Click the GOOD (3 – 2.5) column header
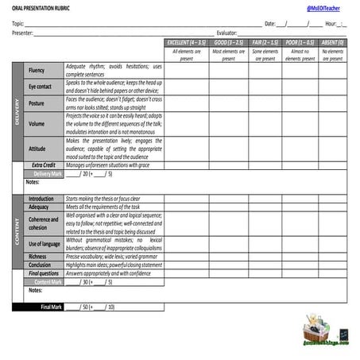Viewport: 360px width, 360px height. coord(229,41)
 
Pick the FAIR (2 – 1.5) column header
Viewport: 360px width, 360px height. coord(265,41)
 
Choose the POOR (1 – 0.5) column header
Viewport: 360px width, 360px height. coord(300,41)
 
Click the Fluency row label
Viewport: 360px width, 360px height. coord(37,71)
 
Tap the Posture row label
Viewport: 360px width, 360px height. coord(37,103)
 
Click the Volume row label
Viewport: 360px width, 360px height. coord(37,124)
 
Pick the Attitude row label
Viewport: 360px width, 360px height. coord(37,149)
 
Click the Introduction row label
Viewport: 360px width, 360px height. coord(41,199)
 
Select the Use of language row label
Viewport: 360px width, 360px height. coord(44,244)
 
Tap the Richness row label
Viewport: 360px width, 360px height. coord(37,257)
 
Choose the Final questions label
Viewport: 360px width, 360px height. coord(44,273)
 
